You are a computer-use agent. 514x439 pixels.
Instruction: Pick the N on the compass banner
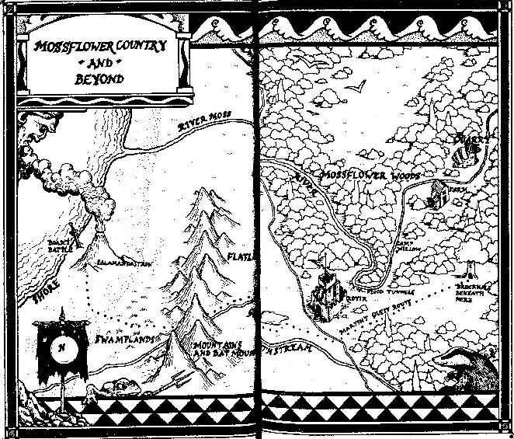point(59,347)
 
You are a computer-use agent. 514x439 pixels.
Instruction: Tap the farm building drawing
point(434,196)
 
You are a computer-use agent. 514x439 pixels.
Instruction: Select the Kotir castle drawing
point(326,294)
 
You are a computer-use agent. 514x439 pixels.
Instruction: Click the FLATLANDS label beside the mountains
point(240,256)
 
